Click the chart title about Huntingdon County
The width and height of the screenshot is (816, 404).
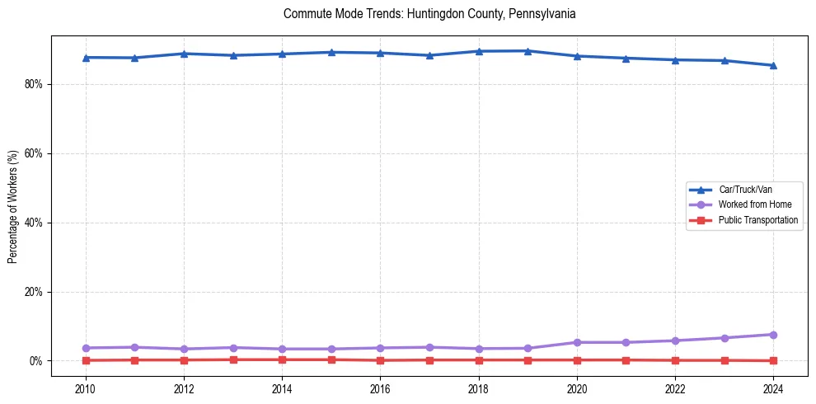click(429, 14)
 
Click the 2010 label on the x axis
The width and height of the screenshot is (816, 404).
click(86, 388)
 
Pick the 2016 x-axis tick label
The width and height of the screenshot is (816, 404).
click(380, 388)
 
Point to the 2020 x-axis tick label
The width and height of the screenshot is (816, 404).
click(577, 388)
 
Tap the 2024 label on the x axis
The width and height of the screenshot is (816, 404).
click(773, 388)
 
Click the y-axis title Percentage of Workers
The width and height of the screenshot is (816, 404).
click(13, 206)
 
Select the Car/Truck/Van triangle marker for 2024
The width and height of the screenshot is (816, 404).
click(773, 65)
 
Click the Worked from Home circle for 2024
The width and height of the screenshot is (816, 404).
click(773, 335)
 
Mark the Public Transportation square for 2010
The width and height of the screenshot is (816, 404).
click(86, 360)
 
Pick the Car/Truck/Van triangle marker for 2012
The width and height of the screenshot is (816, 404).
click(184, 54)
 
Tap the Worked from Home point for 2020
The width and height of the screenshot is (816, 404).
click(577, 342)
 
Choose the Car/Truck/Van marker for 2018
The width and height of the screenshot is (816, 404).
click(479, 51)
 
